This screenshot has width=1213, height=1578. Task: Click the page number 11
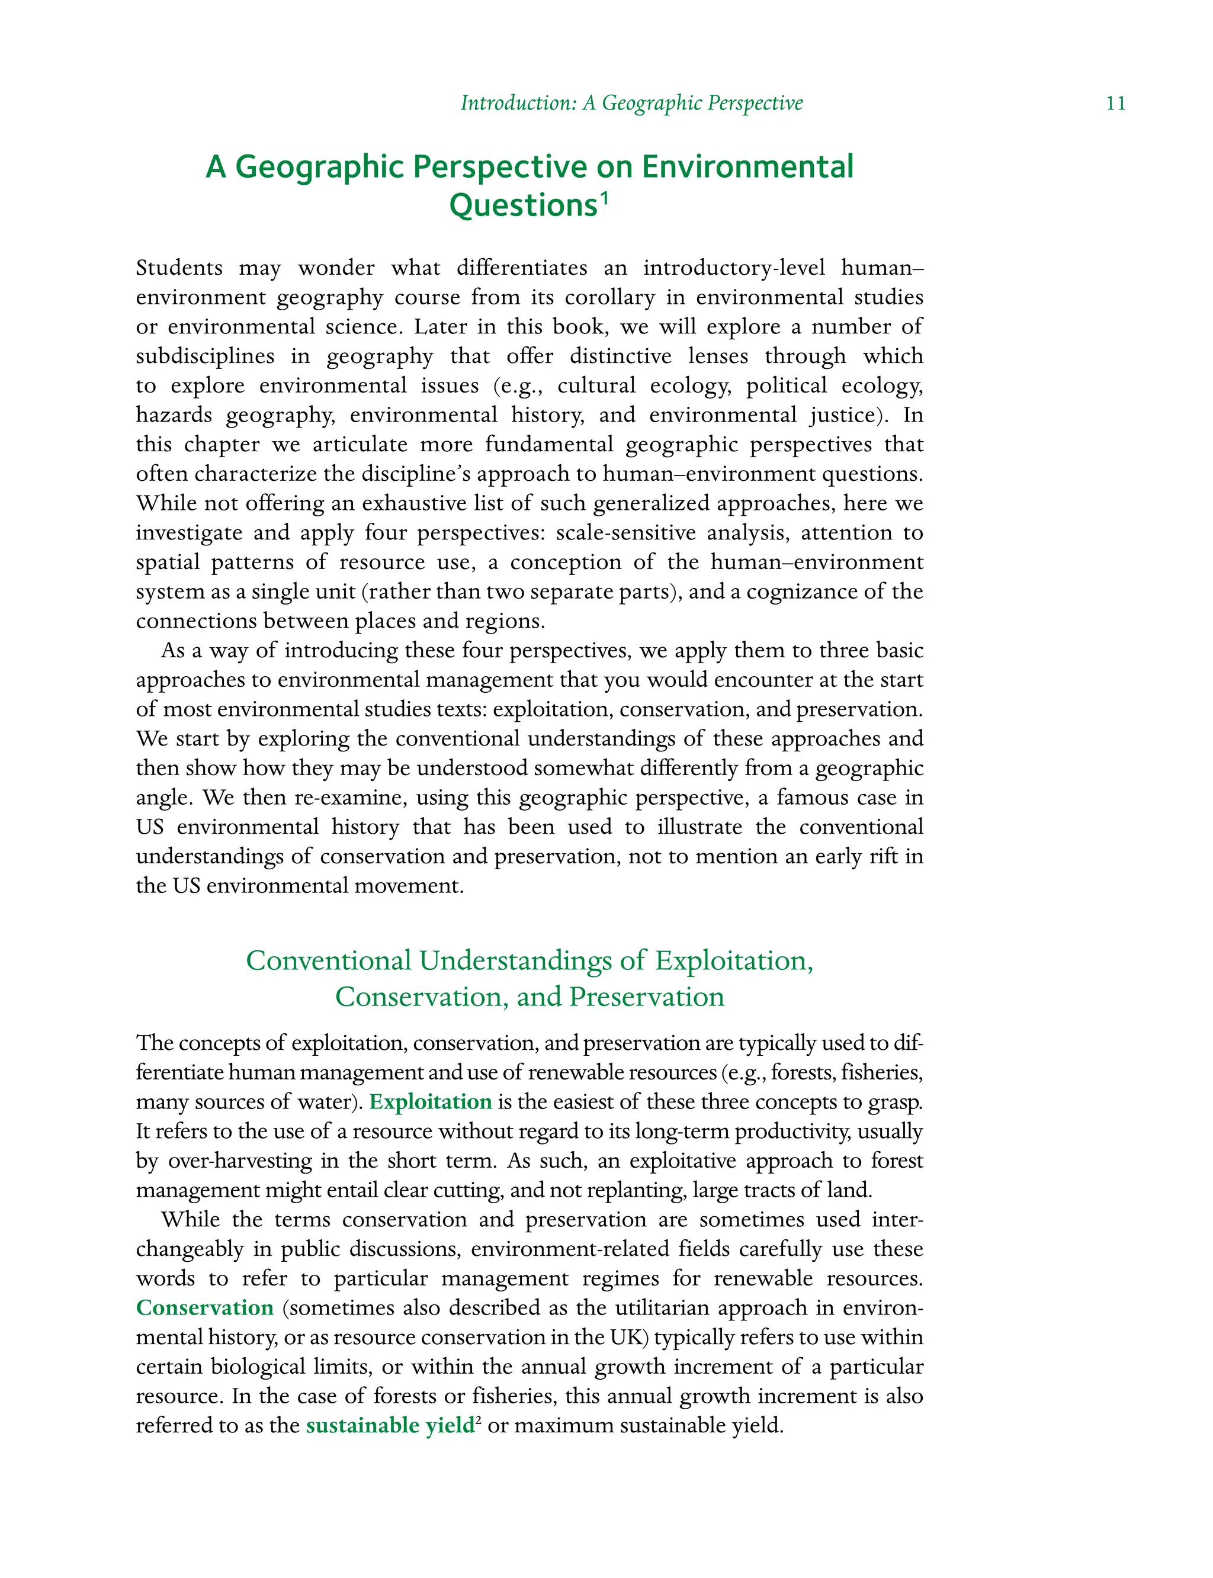tap(1115, 103)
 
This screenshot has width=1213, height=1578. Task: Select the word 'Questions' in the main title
tap(523, 205)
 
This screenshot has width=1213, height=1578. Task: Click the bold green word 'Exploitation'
tap(431, 1101)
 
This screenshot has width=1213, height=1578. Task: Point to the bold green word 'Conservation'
tap(205, 1307)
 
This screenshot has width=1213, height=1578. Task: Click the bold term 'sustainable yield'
tap(390, 1425)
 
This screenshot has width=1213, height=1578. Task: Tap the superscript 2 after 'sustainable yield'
tap(479, 1419)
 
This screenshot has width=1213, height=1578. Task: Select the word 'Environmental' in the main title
tap(747, 167)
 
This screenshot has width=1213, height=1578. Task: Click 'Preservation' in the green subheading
tap(646, 997)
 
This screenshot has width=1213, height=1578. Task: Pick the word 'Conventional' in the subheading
tap(328, 961)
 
